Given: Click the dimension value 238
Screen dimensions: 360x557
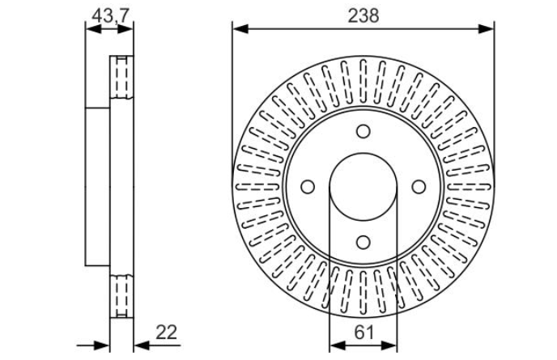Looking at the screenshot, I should coord(363,15).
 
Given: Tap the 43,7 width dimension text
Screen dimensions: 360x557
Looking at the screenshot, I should coord(109,15).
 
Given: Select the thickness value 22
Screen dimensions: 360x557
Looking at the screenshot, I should coord(167,331).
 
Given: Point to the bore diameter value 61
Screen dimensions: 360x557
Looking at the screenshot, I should coord(363,331).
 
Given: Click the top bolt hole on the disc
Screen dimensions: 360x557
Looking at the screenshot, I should coord(363,132).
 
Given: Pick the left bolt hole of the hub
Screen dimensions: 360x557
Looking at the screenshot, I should coord(308,187).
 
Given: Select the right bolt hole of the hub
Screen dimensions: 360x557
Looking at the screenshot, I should coord(419,187).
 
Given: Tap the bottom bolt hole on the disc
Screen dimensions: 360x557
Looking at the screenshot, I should coord(363,242).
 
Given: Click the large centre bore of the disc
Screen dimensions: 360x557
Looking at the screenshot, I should coord(363,187).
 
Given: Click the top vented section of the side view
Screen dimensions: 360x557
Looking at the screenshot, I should coord(121,77).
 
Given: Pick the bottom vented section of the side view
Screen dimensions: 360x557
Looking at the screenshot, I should coord(121,295).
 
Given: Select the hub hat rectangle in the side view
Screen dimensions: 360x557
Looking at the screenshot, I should coord(97,187).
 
